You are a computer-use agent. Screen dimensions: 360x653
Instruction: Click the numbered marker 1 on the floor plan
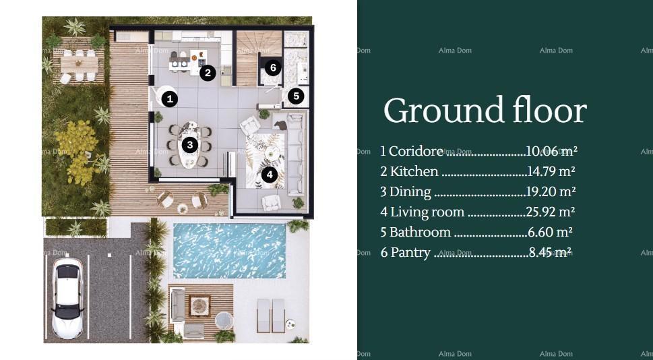tap(170, 99)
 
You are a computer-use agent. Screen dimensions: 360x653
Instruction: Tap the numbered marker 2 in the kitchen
tap(208, 73)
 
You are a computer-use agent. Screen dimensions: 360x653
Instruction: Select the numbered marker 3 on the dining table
tap(190, 144)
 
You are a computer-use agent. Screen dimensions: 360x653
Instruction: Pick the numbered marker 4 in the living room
tap(270, 175)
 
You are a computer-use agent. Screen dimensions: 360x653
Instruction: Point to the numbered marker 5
tap(296, 96)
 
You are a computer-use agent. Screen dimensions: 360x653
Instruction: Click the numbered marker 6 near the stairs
tap(272, 67)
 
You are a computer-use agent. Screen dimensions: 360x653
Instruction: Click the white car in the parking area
tap(67, 298)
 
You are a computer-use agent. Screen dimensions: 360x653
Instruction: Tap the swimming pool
tap(229, 250)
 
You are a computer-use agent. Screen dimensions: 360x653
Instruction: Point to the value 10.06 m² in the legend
tap(551, 151)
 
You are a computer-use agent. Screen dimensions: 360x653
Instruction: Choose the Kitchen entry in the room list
tap(414, 172)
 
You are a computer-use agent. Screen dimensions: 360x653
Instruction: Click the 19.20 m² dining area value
tap(550, 191)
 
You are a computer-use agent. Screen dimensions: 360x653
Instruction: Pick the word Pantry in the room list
tap(410, 252)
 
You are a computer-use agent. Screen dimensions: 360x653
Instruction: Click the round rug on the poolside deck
tap(199, 306)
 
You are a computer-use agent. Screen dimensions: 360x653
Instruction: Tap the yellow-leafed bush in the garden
tap(77, 148)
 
